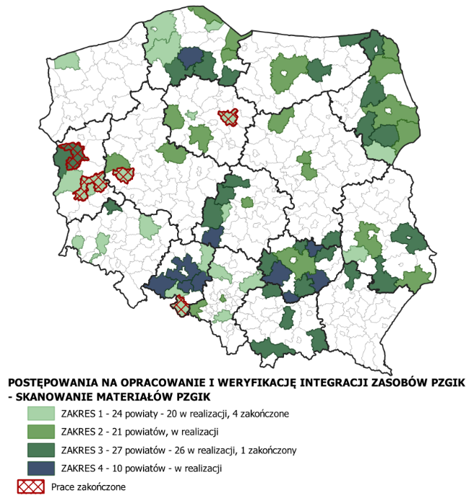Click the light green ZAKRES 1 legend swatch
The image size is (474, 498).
point(41,414)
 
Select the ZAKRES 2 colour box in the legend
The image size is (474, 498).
point(41,432)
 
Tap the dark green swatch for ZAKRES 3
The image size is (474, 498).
point(41,450)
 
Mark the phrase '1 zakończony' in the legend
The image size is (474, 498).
point(263,450)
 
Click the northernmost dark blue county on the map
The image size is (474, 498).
point(190,56)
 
